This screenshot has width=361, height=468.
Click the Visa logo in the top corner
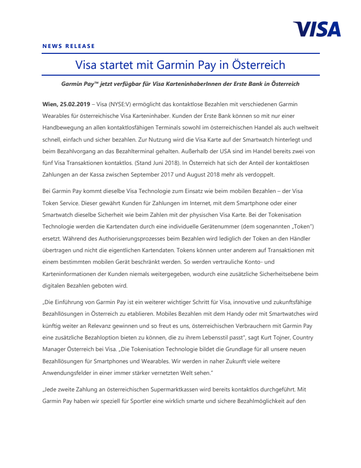317,29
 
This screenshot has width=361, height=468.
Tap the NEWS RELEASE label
69,46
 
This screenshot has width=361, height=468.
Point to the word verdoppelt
273,174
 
